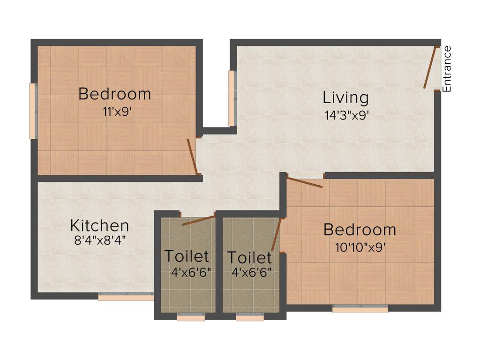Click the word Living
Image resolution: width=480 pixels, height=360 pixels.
345,98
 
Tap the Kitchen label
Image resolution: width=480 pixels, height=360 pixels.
99,225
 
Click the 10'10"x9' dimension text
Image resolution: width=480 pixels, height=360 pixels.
360,247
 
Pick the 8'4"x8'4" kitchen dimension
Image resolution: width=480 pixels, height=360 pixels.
99,241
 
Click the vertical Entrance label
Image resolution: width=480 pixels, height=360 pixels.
447,68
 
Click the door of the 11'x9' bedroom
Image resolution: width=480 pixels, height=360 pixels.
192,156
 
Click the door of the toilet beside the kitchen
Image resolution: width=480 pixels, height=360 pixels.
198,220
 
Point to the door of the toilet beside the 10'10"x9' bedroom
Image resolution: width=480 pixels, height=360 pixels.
277,234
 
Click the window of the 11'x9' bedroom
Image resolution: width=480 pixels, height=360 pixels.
32,111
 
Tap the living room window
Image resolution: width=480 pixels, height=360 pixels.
232,98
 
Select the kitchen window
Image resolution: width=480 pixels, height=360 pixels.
126,297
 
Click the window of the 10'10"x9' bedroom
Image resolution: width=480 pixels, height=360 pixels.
360,309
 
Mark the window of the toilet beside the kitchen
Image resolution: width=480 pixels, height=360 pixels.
191,318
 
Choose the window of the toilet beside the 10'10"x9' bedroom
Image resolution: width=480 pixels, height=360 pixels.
250,318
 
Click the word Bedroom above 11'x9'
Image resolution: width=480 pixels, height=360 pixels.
114,94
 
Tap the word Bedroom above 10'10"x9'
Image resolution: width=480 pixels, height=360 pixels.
360,230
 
